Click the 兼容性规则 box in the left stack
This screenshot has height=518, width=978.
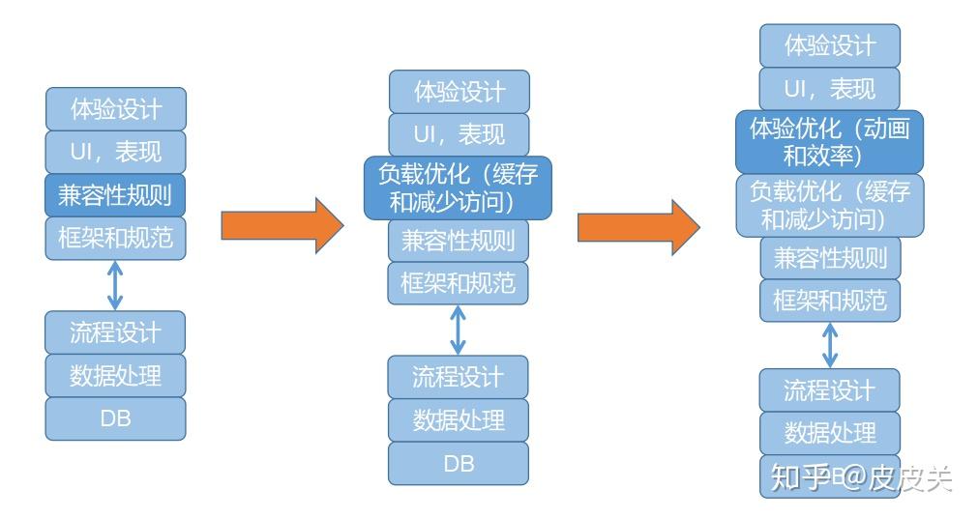[x=115, y=194]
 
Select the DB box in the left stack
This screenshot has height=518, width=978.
[x=115, y=418]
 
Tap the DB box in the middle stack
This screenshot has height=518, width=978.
[x=459, y=463]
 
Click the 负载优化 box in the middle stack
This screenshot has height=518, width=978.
[x=458, y=187]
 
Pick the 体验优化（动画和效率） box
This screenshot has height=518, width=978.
[x=829, y=141]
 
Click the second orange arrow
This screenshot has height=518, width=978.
[x=638, y=226]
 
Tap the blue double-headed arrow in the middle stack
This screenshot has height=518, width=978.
[x=459, y=329]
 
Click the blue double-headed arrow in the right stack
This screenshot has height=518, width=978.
[x=829, y=344]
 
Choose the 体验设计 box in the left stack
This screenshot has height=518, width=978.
[x=115, y=108]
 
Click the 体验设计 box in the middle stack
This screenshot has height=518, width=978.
[x=459, y=92]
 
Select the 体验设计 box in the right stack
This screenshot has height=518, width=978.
[x=829, y=44]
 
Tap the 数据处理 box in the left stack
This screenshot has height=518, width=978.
[x=115, y=375]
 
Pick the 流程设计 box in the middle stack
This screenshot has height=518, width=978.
[x=459, y=376]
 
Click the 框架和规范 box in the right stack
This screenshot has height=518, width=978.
[x=829, y=301]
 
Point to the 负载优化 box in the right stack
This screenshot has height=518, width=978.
[x=829, y=205]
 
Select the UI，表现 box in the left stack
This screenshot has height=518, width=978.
[x=115, y=152]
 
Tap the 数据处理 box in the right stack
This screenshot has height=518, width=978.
[x=829, y=432]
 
